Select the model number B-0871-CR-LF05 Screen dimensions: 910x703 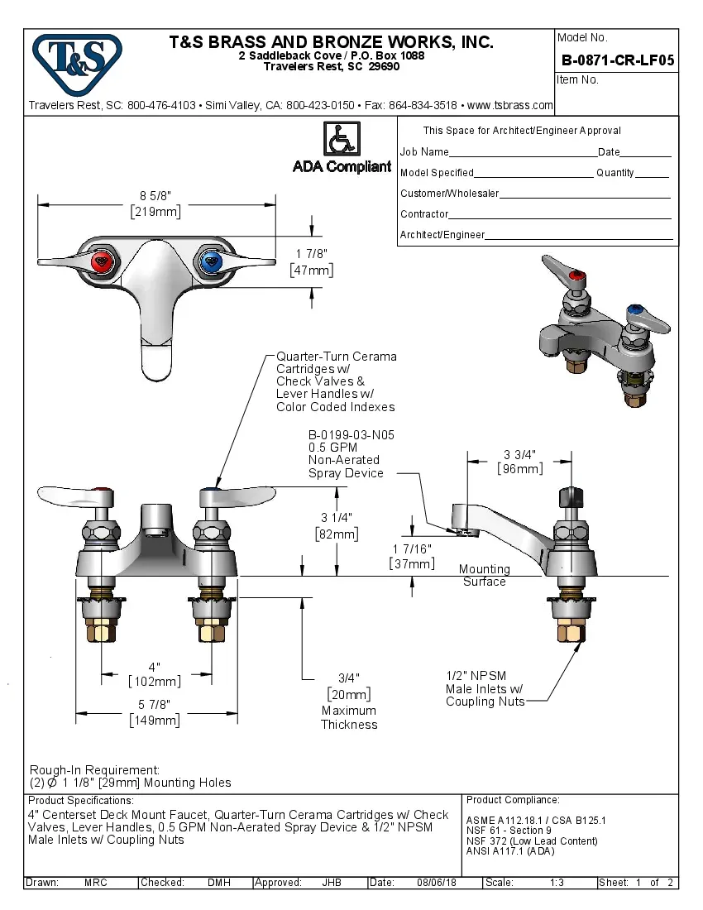[617, 60]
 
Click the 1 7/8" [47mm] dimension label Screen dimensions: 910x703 [312, 261]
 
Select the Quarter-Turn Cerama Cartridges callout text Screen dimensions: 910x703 [335, 381]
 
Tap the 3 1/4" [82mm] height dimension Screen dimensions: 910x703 [337, 526]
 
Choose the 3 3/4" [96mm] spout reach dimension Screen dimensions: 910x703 [520, 461]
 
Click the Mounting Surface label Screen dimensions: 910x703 [484, 575]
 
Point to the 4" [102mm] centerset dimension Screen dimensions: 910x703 [155, 674]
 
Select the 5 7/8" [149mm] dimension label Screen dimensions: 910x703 [155, 712]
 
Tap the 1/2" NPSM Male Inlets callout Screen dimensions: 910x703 [485, 688]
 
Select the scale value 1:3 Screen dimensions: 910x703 [557, 883]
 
